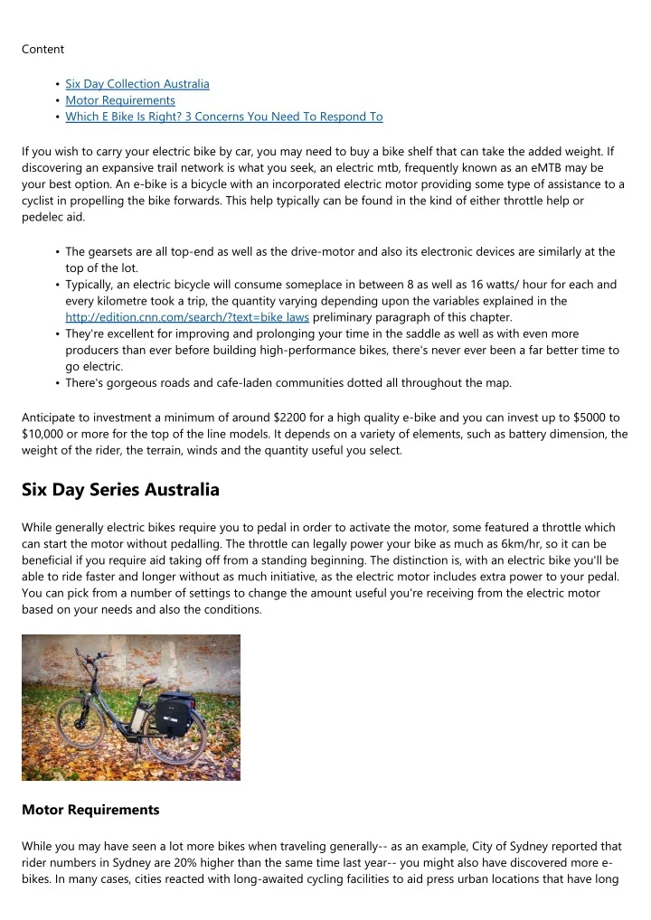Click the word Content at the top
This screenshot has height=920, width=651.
tap(42, 49)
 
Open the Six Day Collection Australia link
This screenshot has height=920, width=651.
tap(137, 84)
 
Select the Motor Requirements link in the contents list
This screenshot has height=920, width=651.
tap(120, 100)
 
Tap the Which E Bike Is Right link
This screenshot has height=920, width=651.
tap(224, 117)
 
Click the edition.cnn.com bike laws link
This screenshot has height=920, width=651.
tap(187, 317)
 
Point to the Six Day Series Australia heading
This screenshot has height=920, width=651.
tap(120, 490)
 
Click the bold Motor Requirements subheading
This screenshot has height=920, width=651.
tap(90, 810)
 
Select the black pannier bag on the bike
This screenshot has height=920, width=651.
tap(172, 713)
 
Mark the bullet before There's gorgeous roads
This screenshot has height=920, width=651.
tap(58, 382)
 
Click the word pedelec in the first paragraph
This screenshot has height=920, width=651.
tap(44, 216)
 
